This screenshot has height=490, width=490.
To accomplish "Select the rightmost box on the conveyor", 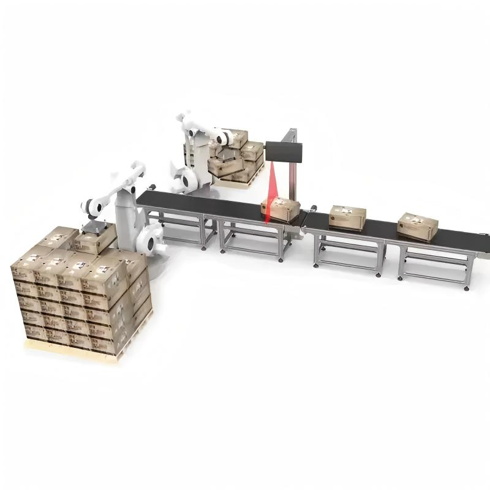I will [417, 225].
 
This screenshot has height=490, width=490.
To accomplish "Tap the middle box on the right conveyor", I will [347, 216].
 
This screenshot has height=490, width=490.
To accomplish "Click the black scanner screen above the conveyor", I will [284, 152].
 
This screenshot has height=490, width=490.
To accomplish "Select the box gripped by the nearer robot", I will [95, 239].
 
